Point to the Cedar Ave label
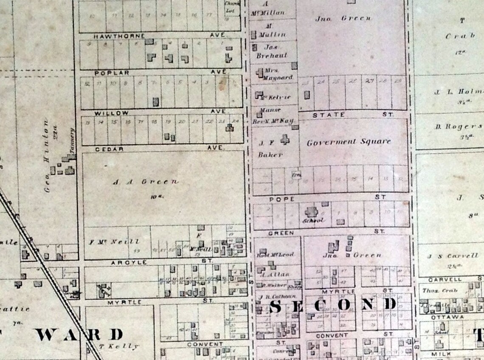pos(110,149)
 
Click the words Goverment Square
pos(348,142)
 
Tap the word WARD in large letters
pos(79,335)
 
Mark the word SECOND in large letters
pos(332,305)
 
